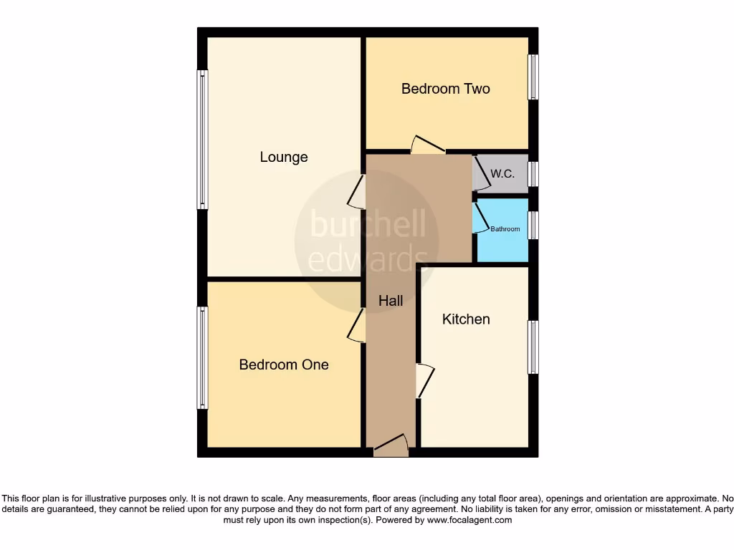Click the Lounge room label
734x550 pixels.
[x=284, y=157]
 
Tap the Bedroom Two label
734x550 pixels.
[x=445, y=89]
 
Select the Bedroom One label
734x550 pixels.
[x=284, y=365]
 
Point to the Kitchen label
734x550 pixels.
[x=466, y=319]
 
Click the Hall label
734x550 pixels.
[x=391, y=301]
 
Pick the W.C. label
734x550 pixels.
[x=502, y=173]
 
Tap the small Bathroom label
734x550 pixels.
[x=505, y=229]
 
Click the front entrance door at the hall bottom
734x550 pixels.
[x=391, y=446]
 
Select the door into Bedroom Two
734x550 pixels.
[x=427, y=145]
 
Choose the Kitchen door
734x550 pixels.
[x=424, y=380]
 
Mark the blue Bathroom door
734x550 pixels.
[x=479, y=218]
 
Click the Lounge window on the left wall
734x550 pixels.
[x=203, y=140]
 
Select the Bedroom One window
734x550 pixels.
[x=203, y=357]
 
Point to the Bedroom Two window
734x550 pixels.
[x=533, y=77]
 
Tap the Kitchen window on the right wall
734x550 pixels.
[x=533, y=347]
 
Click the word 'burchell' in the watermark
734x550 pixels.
[x=367, y=225]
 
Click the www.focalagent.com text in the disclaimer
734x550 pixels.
[x=470, y=521]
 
